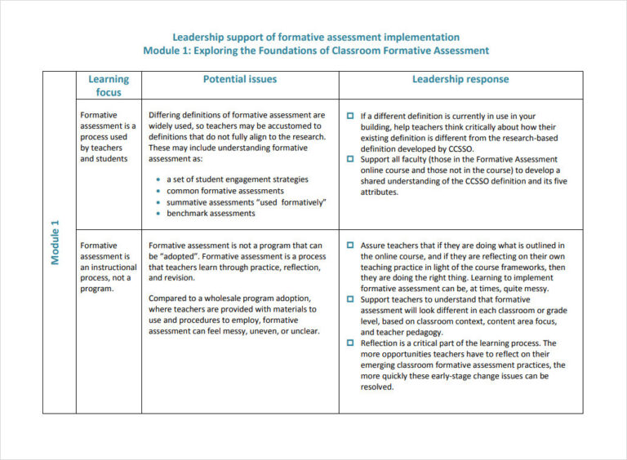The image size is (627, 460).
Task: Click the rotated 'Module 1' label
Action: pos(56,242)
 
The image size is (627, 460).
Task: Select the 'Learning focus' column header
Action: pos(109,86)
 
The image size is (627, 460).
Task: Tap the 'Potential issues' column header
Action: pos(239,79)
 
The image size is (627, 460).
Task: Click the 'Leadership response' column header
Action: pos(460,79)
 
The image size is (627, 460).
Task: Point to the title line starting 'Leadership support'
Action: pos(316,37)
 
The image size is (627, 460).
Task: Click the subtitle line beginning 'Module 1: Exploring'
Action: pos(316,51)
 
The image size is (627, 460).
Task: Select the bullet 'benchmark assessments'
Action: pos(211,214)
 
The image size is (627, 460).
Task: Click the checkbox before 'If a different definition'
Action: pos(350,117)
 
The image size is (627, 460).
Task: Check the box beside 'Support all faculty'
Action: pos(350,160)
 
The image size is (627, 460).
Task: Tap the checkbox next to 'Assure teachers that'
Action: pos(350,245)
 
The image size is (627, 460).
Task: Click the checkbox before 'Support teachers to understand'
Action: pos(350,300)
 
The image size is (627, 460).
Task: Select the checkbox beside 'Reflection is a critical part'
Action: pos(350,343)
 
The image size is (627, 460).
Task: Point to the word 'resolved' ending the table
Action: pos(377,387)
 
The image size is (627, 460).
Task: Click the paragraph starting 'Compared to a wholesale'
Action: pos(233,315)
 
